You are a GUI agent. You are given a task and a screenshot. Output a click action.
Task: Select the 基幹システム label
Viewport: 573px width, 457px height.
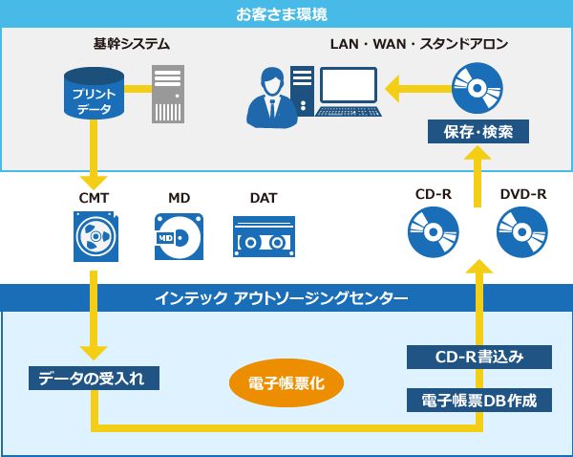pos(132,44)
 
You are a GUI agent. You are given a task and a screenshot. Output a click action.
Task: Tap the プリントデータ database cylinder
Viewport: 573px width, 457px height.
pos(94,94)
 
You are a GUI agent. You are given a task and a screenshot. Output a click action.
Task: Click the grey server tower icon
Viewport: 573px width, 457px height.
pos(168,94)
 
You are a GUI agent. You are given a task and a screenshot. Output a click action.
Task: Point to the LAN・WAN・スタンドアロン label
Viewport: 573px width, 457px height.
pos(418,44)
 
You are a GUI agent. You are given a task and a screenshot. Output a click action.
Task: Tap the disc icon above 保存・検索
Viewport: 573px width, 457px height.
pos(477,89)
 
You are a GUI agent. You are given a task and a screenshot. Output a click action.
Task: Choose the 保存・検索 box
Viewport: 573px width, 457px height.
pos(478,131)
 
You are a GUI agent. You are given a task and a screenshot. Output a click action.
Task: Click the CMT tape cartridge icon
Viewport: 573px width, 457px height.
pos(95,236)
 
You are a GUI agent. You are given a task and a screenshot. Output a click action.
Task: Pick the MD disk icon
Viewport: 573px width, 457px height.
pos(179,236)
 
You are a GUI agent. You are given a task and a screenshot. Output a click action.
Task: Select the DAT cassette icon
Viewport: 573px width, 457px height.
pos(264,236)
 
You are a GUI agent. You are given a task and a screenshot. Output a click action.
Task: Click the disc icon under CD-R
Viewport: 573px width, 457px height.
pos(433,232)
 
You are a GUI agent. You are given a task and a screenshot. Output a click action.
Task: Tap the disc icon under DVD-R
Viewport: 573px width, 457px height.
pos(522,232)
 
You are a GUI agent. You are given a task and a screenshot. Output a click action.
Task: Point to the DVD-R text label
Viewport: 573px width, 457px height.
pos(522,194)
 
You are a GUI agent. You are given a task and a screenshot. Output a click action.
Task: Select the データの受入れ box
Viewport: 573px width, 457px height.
pos(94,378)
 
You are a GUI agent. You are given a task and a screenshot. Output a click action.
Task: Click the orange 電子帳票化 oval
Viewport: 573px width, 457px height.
pos(286,383)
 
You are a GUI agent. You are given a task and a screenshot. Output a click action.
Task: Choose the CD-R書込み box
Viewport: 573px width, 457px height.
pos(479,358)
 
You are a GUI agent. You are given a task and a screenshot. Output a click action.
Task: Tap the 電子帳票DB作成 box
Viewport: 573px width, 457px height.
pos(479,400)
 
